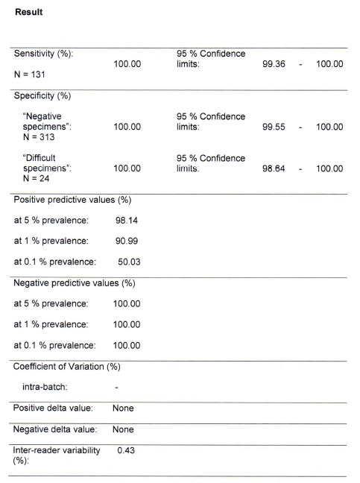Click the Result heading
click(28, 12)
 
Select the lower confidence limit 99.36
click(276, 65)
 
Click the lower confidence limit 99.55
click(276, 127)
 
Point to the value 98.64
click(276, 168)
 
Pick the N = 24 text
click(35, 178)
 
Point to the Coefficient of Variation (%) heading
click(67, 367)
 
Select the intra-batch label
click(47, 388)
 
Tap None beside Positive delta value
click(123, 408)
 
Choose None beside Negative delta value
click(123, 429)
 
